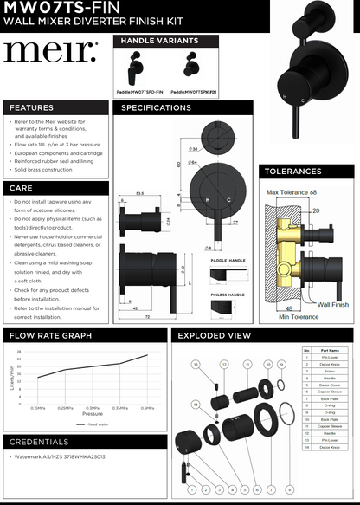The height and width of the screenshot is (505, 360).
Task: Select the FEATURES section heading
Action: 31,108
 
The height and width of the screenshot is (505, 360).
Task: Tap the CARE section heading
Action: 22,187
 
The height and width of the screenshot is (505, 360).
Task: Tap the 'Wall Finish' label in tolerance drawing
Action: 333,305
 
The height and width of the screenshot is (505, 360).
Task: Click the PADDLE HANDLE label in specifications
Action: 228,260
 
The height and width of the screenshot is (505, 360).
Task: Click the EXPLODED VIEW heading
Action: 215,335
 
